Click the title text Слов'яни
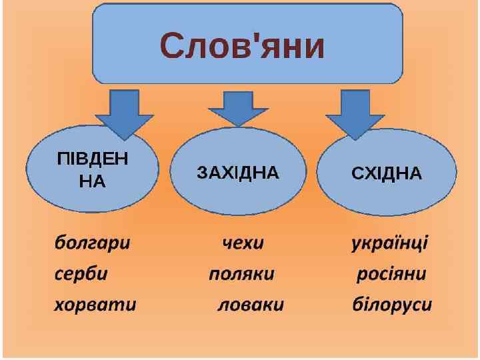(x=242, y=45)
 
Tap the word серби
(x=81, y=274)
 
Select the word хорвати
(x=95, y=305)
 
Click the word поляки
(x=241, y=274)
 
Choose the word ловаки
(x=251, y=305)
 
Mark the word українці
(x=390, y=243)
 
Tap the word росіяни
(x=391, y=274)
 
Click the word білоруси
(x=392, y=305)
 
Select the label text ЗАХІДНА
(x=238, y=173)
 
